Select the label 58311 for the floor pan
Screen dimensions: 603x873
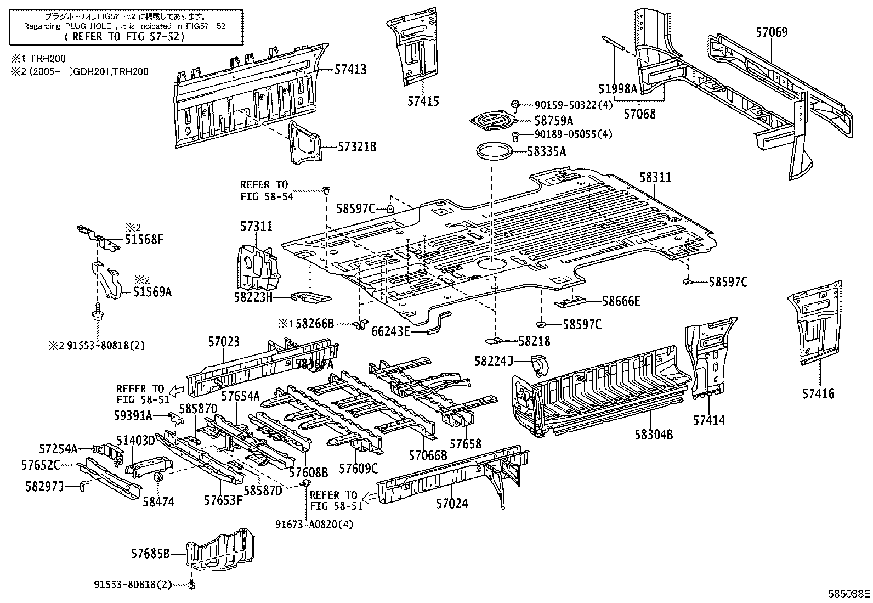[655, 177]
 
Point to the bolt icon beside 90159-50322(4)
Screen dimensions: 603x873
[515, 104]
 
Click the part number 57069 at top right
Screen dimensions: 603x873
[772, 32]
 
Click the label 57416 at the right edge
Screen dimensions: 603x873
[818, 393]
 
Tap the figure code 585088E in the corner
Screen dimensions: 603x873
[849, 594]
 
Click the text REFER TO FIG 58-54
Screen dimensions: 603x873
[267, 190]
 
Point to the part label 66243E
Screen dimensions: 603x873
[390, 330]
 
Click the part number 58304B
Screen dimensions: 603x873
[654, 435]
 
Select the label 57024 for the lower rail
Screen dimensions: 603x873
[452, 503]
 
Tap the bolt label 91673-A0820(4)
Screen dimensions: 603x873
[314, 524]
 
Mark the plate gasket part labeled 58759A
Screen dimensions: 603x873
[493, 121]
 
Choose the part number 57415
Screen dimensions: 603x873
[423, 101]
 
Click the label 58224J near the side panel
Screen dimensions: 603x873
[494, 360]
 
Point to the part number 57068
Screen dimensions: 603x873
[639, 114]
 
